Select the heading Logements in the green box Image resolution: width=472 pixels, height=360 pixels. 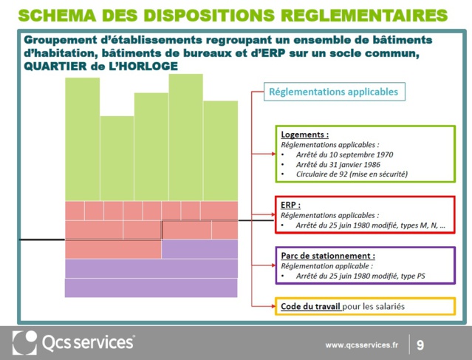pyautogui.click(x=304, y=135)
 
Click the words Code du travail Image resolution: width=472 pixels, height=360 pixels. pyautogui.click(x=310, y=306)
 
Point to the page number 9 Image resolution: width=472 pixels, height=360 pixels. pyautogui.click(x=420, y=344)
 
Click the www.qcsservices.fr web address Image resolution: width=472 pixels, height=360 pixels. pyautogui.click(x=362, y=344)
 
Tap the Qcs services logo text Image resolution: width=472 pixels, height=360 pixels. pyautogui.click(x=89, y=342)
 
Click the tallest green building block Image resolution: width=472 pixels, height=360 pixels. pyautogui.click(x=185, y=137)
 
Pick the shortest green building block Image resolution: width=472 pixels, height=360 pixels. pyautogui.click(x=117, y=158)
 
